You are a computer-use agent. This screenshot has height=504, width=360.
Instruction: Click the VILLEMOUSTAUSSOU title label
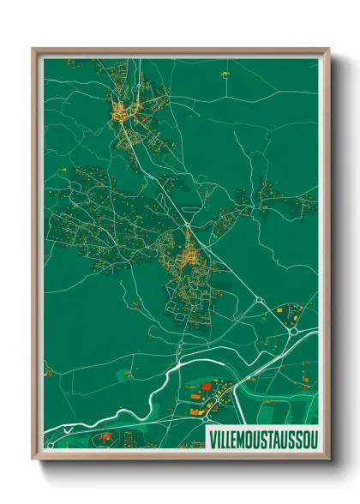262,439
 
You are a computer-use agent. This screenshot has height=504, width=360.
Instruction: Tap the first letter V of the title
212,439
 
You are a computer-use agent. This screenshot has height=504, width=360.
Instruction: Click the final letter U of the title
312,439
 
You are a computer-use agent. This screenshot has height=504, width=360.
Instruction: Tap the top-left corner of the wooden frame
33,49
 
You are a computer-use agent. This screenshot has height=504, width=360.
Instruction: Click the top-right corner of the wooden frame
328,49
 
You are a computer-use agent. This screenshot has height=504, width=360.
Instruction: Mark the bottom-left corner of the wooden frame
33,460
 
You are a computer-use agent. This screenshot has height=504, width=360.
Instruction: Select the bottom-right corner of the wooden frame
328,460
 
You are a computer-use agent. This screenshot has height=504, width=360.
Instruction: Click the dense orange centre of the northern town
119,111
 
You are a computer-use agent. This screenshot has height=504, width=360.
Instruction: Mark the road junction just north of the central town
187,226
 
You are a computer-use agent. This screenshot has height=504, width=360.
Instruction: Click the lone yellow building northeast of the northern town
225,75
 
